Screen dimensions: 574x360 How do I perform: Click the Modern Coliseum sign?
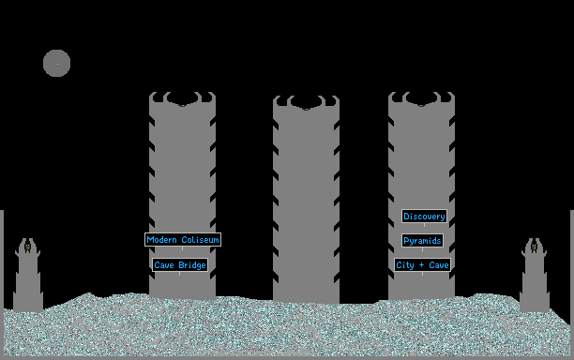[183, 240]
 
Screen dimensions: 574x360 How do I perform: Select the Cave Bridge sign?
[180, 265]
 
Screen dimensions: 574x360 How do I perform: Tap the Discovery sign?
[424, 217]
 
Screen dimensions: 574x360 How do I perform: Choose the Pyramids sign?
[422, 241]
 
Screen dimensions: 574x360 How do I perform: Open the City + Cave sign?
[422, 265]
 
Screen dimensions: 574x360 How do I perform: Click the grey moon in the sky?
[56, 64]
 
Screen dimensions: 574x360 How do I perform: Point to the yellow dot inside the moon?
[57, 64]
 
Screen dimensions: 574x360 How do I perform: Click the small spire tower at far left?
[28, 277]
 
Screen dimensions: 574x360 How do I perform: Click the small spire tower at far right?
[534, 277]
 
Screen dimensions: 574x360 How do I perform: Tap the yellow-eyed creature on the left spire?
[27, 247]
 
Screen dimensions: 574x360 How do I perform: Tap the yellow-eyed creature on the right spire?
[534, 247]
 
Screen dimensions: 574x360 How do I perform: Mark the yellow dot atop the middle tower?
[307, 109]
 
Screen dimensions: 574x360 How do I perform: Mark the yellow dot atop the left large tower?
[183, 106]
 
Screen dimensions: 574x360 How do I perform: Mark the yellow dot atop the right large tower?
[421, 106]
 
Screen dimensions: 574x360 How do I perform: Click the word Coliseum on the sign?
[200, 240]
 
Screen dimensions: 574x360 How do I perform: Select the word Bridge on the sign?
[192, 265]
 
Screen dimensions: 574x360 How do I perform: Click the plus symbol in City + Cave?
[421, 265]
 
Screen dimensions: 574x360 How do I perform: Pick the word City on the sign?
[405, 265]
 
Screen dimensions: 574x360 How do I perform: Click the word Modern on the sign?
[161, 240]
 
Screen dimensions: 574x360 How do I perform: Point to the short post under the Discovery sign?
[424, 225]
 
